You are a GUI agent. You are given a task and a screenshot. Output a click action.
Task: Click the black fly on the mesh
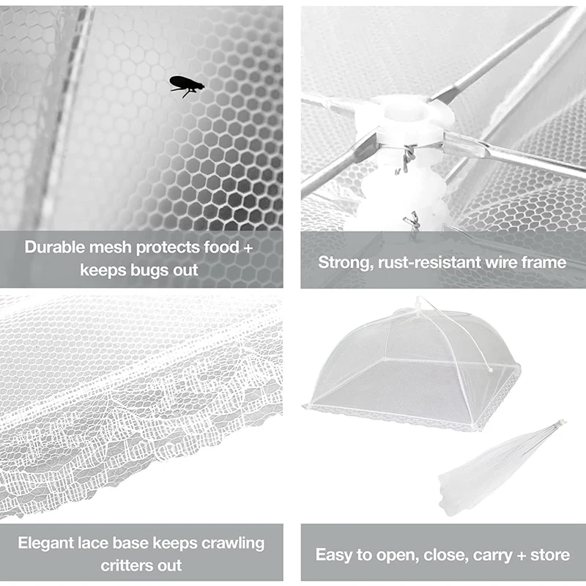[x=186, y=86]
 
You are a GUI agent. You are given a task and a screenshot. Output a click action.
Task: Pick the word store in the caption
[x=550, y=555]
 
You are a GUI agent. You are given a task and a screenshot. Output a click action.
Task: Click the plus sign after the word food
[x=248, y=247]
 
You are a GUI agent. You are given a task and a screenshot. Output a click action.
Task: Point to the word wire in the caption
[x=502, y=262]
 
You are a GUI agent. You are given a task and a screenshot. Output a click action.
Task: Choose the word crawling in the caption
[x=233, y=543]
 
